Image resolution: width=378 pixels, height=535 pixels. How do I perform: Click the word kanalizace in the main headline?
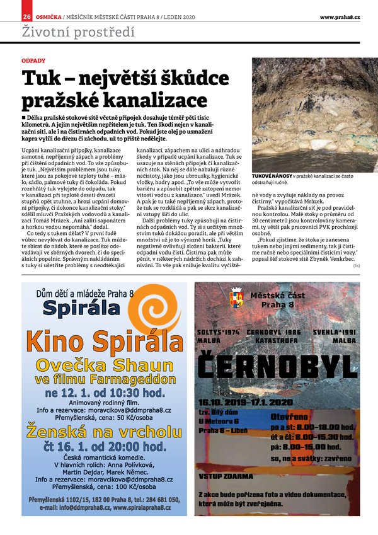(159, 100)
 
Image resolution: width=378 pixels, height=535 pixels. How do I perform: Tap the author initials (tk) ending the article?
(357, 266)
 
